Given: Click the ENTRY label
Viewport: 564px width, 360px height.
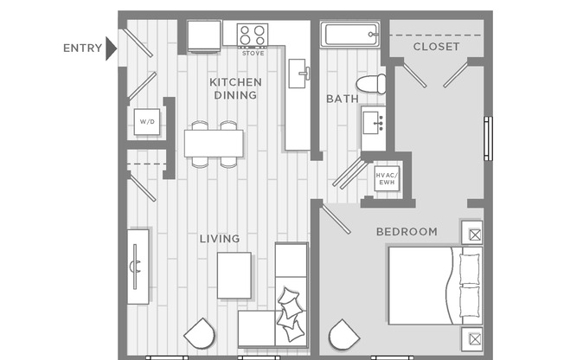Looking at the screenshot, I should click(82, 48).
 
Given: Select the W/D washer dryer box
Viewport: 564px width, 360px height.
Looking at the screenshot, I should click(145, 122).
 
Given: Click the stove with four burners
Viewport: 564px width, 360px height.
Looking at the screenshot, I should click(253, 35).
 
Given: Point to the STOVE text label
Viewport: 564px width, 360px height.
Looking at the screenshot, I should click(253, 54).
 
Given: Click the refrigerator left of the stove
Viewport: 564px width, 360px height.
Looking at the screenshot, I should click(205, 36).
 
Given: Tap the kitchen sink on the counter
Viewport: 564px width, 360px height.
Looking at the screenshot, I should click(299, 70).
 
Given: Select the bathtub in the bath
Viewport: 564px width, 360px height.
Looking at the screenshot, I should click(350, 35).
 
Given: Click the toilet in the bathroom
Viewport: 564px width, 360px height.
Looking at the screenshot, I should click(371, 84).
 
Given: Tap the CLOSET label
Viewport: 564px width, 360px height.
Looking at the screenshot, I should click(436, 47).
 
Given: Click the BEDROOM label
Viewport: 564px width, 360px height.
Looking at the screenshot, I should click(406, 232).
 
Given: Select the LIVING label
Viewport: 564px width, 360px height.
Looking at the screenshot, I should click(219, 238).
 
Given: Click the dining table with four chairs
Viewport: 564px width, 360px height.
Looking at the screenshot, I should click(213, 143).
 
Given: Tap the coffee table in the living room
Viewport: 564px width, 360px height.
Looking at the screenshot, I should click(234, 274).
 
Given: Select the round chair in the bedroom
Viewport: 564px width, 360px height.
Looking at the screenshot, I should click(343, 336).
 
